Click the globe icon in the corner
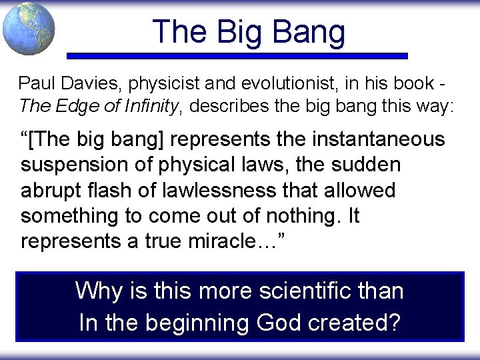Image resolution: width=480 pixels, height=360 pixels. click(28, 29)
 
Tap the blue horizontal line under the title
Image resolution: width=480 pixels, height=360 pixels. click(237, 56)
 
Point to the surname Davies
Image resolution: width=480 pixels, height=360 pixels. click(85, 84)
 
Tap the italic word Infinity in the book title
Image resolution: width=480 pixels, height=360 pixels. click(149, 105)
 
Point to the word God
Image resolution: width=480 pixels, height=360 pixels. click(279, 323)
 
